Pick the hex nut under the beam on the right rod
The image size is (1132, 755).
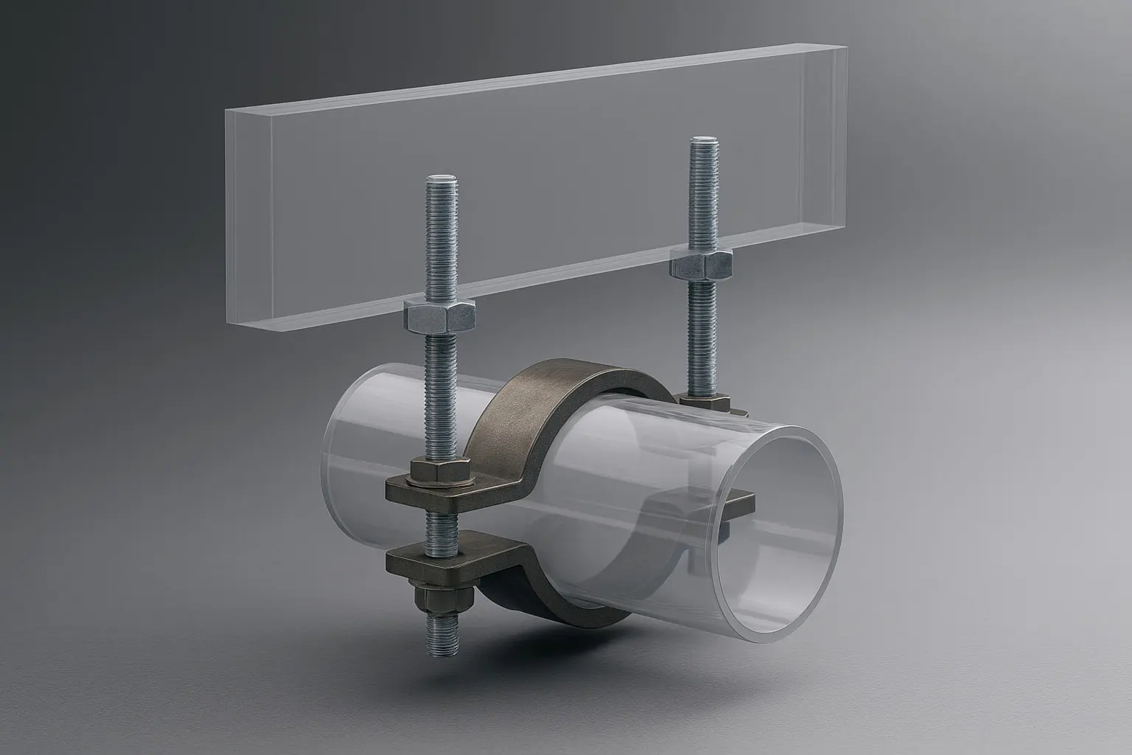coord(702,264)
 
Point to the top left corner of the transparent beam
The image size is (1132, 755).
coord(226,109)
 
